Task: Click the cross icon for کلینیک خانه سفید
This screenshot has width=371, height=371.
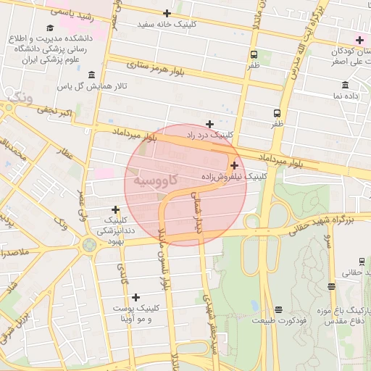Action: pyautogui.click(x=167, y=13)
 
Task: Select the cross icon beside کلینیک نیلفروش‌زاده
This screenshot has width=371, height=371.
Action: pyautogui.click(x=234, y=166)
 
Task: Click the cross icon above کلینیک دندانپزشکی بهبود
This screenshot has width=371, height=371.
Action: pyautogui.click(x=115, y=209)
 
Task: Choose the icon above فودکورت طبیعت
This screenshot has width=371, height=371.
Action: pyautogui.click(x=278, y=309)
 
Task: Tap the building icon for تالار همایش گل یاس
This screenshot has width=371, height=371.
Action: pyautogui.click(x=91, y=75)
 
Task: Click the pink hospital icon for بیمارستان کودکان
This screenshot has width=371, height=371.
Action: pyautogui.click(x=359, y=39)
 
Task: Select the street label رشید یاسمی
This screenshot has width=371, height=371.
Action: pyautogui.click(x=70, y=13)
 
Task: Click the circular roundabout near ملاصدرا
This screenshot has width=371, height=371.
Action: pyautogui.click(x=89, y=245)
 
